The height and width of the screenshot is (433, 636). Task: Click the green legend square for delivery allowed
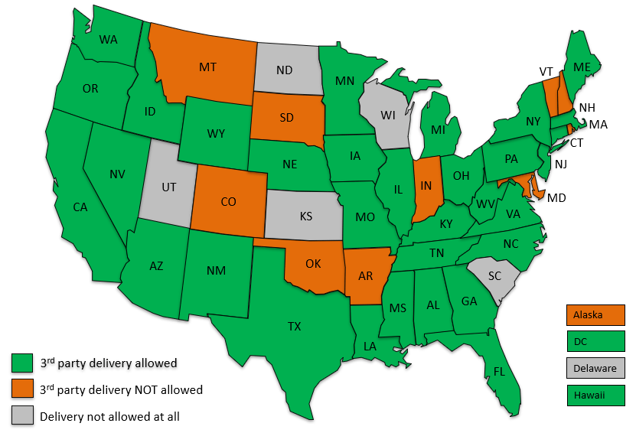click(x=21, y=362)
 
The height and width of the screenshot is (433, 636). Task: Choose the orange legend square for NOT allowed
click(x=21, y=389)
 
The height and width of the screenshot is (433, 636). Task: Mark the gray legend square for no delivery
click(x=21, y=415)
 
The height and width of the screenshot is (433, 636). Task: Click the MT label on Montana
click(x=207, y=67)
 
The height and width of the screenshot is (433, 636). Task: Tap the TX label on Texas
click(x=295, y=327)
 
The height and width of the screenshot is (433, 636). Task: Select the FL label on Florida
click(x=499, y=373)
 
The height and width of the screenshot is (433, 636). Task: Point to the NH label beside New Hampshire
click(x=588, y=107)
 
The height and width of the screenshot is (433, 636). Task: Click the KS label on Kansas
click(x=306, y=216)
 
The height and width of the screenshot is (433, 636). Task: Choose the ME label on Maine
click(x=582, y=67)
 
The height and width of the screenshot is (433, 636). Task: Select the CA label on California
click(x=80, y=207)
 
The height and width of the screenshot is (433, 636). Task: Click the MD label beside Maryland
click(x=557, y=198)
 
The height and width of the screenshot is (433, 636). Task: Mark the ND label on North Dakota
click(x=285, y=70)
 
